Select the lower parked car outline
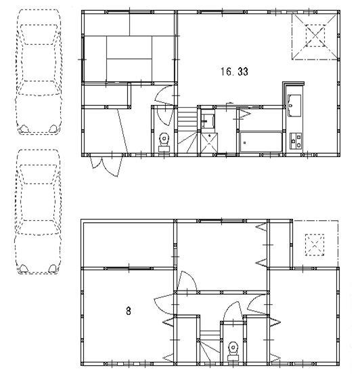click(39, 211)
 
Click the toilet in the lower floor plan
click(233, 349)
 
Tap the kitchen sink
click(295, 104)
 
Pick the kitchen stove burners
click(296, 141)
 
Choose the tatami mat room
click(129, 58)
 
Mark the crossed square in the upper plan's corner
click(314, 35)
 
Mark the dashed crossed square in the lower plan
click(315, 244)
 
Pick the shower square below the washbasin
click(209, 141)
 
